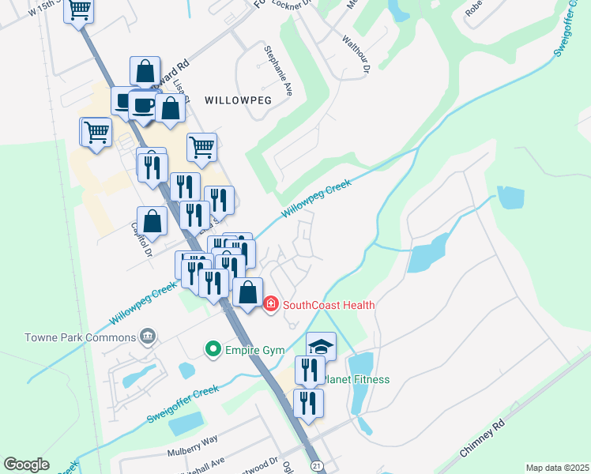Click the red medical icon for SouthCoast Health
[x=270, y=303]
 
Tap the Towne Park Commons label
[x=69, y=337]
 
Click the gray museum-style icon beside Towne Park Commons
[x=146, y=337]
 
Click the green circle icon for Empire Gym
[x=212, y=348]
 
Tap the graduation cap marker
[x=321, y=346]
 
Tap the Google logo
[x=27, y=465]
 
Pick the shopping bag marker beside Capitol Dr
[x=152, y=221]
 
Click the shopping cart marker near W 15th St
[x=79, y=10]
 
